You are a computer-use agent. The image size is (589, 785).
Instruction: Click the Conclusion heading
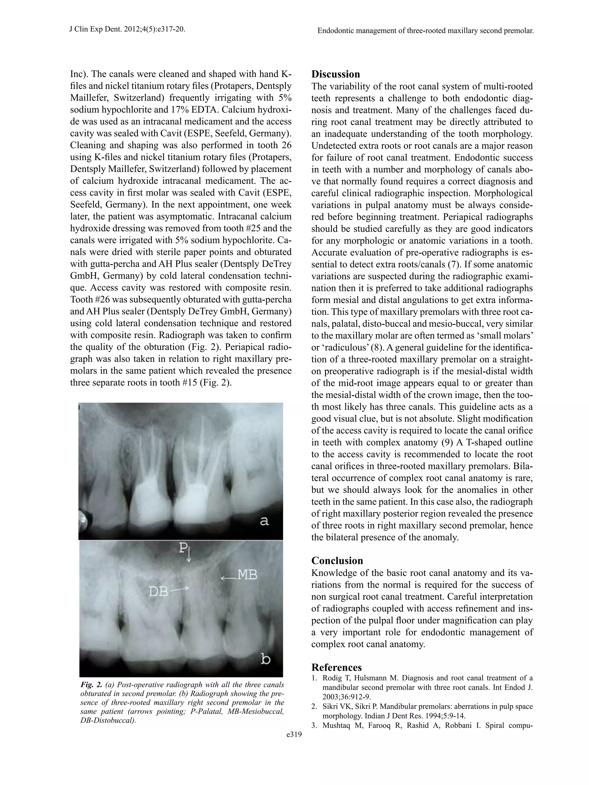point(337,561)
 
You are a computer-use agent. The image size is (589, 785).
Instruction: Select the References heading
point(336,667)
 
